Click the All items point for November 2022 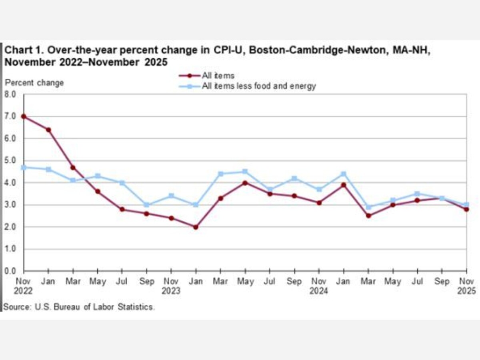coord(24,116)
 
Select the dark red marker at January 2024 coord(196,227)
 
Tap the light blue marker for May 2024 coord(245,172)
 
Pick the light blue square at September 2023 coord(147,205)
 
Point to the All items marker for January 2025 coord(344,185)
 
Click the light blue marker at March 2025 coord(368,207)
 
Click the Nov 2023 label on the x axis coord(171,286)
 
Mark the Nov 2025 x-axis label coord(466,286)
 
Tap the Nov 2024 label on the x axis coord(319,286)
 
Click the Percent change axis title coord(34,83)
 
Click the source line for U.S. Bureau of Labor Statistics coord(79,307)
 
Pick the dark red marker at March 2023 coord(73,168)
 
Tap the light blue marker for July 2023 coord(122,183)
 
